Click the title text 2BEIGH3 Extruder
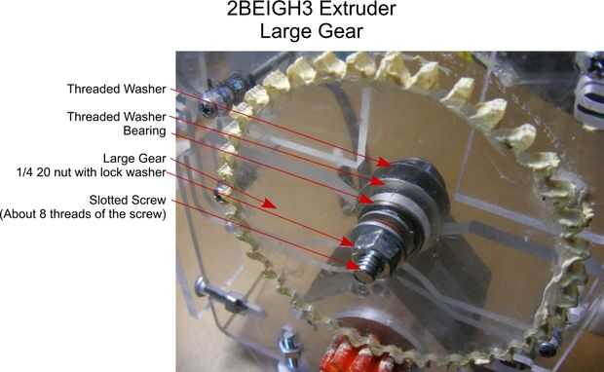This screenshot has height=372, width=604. coord(311,9)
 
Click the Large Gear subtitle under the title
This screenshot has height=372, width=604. coord(311,31)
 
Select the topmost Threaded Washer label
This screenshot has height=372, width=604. coord(116,89)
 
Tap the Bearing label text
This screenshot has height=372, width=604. coord(144,130)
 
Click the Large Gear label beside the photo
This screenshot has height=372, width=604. coord(134,159)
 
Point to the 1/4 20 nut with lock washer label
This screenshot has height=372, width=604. coord(92,172)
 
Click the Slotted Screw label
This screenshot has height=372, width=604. coord(128,201)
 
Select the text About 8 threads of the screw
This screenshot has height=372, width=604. coord(83,213)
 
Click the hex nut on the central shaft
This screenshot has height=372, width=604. coord(373,244)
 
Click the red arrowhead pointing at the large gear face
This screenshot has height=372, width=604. coord(269,204)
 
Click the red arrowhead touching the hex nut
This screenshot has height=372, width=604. coord(347,242)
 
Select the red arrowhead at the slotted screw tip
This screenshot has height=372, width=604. coord(353,265)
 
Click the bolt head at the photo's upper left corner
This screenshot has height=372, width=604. coord(208,109)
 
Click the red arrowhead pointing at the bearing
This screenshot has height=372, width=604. coord(366,199)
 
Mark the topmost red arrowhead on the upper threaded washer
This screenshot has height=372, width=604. coord(383,162)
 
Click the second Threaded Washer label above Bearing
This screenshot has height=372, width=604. coord(116,117)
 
